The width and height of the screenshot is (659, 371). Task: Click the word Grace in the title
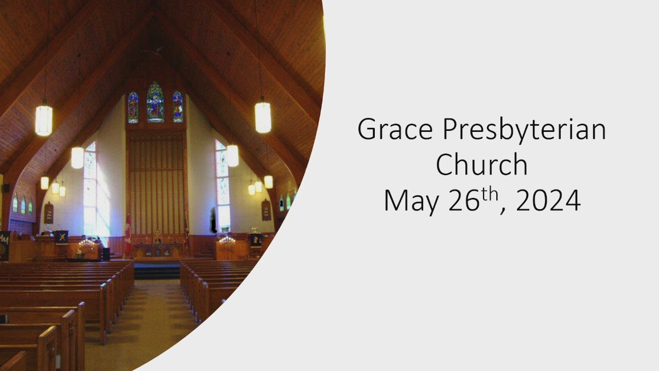395,129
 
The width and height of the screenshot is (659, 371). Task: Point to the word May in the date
411,201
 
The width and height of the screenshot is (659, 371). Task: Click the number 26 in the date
464,200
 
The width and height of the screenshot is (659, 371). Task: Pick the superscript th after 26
489,195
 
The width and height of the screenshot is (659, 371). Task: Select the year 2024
548,200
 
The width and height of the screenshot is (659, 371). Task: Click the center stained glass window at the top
155,102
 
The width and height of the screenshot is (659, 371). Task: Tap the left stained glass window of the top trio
133,108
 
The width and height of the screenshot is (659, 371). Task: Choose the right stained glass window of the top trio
178,107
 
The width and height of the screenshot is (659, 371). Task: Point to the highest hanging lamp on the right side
263,116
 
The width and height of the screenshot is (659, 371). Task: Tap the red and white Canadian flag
127,234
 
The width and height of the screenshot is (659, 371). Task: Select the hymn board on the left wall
49,213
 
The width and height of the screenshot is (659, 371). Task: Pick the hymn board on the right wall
266,210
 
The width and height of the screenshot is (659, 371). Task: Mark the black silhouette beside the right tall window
214,220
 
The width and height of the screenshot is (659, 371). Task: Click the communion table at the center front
158,250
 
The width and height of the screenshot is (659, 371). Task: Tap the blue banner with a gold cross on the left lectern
62,237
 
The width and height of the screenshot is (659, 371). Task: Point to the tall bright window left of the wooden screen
90,189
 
